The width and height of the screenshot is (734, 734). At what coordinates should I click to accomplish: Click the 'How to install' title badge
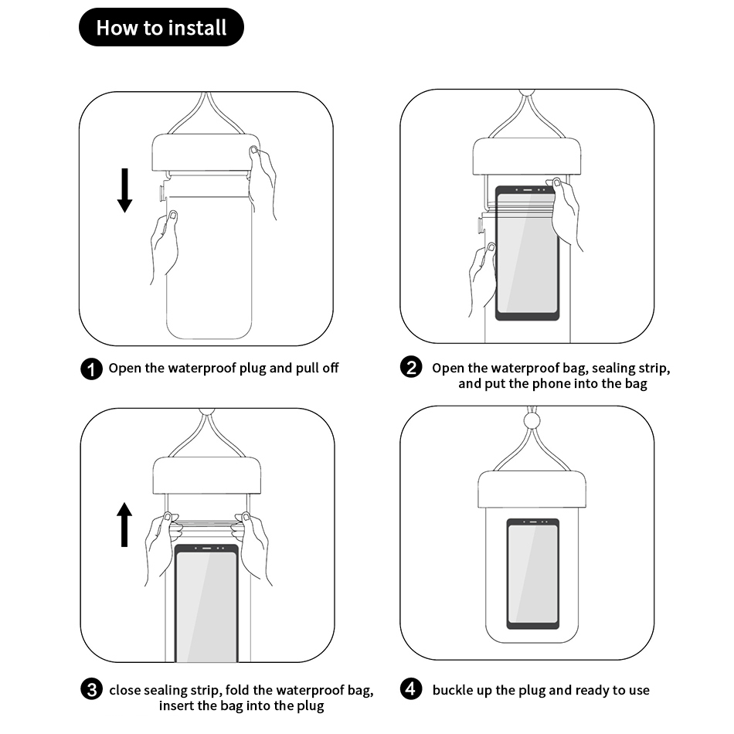click(x=161, y=27)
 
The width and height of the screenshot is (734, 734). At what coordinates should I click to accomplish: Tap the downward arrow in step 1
click(x=124, y=190)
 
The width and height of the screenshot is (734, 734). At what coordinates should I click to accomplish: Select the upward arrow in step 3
click(x=124, y=525)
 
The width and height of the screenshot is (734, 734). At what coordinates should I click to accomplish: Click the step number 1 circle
click(x=91, y=369)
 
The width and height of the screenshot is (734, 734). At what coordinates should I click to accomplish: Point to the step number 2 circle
click(x=411, y=367)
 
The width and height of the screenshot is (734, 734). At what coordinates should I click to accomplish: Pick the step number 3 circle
click(x=91, y=689)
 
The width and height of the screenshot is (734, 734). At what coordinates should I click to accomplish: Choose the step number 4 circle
click(x=411, y=689)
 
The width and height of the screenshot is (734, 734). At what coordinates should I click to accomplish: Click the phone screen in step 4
click(x=533, y=574)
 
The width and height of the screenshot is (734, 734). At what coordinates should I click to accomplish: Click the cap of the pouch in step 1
click(x=206, y=153)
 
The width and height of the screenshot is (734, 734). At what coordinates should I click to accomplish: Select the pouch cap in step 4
click(x=532, y=490)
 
